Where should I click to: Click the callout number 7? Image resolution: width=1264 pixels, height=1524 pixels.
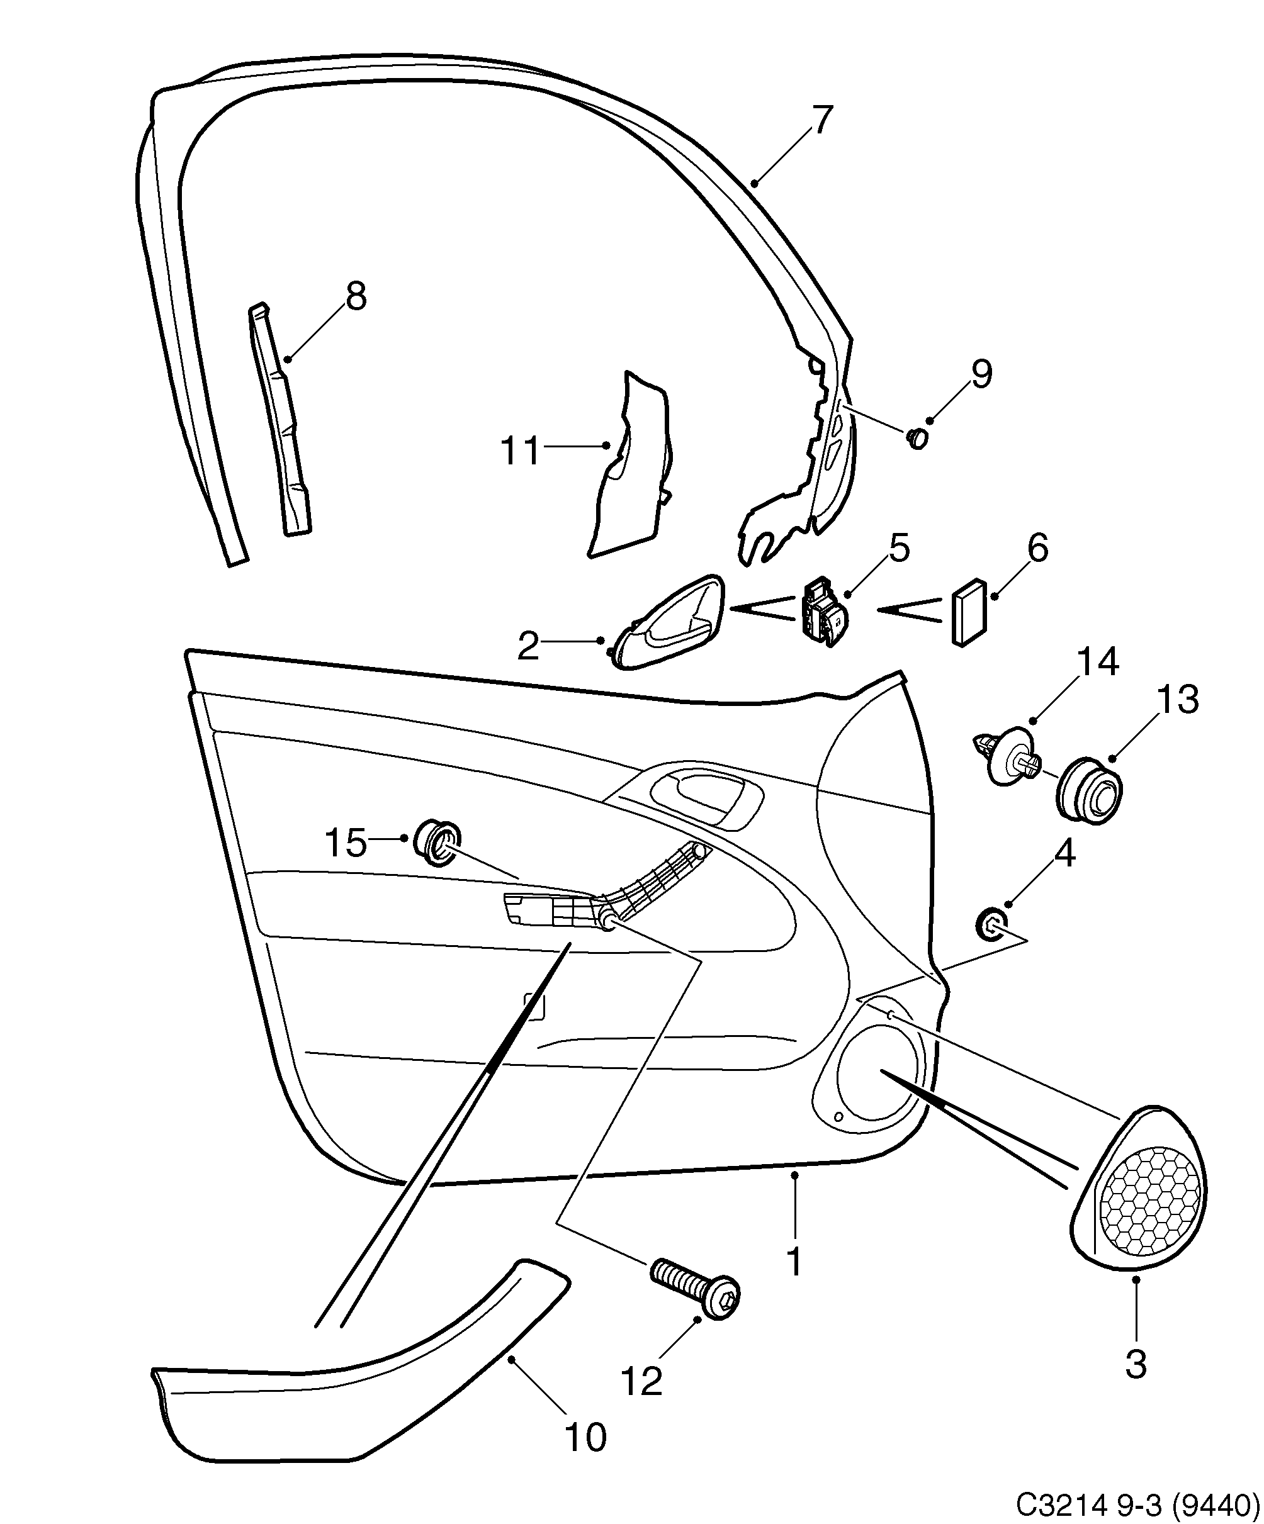click(820, 120)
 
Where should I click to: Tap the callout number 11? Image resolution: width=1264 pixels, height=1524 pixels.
click(521, 451)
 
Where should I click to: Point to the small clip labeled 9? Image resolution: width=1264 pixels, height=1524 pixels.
click(918, 439)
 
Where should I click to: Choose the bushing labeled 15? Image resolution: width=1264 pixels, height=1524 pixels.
click(436, 843)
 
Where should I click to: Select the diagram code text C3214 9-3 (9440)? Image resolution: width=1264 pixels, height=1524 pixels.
click(1136, 1504)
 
